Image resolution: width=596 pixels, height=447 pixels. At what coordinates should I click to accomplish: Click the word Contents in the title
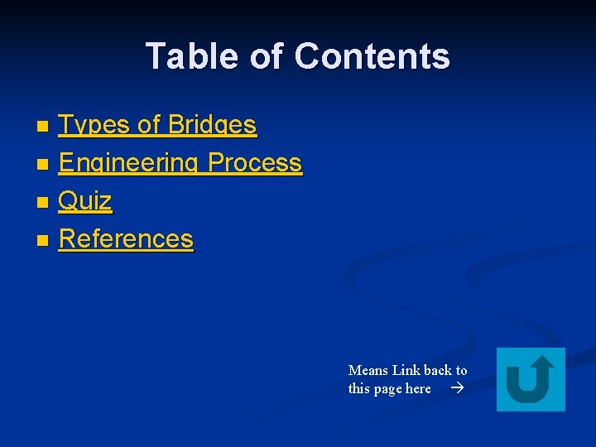click(372, 56)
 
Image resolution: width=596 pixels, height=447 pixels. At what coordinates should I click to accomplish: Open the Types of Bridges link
click(157, 125)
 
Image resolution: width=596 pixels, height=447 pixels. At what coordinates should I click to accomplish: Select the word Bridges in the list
click(212, 125)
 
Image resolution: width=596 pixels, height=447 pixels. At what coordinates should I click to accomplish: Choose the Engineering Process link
click(180, 163)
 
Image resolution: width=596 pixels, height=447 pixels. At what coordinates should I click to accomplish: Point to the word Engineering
click(129, 163)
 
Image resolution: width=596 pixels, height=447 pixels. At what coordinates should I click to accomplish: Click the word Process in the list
click(255, 163)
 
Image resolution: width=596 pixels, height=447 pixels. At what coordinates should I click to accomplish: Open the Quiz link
click(85, 201)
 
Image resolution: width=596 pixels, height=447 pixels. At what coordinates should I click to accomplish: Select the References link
click(126, 239)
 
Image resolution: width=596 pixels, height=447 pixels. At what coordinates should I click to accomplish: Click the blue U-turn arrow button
click(531, 379)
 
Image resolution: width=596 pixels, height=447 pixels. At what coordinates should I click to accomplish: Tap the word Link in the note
click(406, 371)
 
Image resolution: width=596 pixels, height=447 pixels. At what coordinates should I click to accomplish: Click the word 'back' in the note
click(438, 371)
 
